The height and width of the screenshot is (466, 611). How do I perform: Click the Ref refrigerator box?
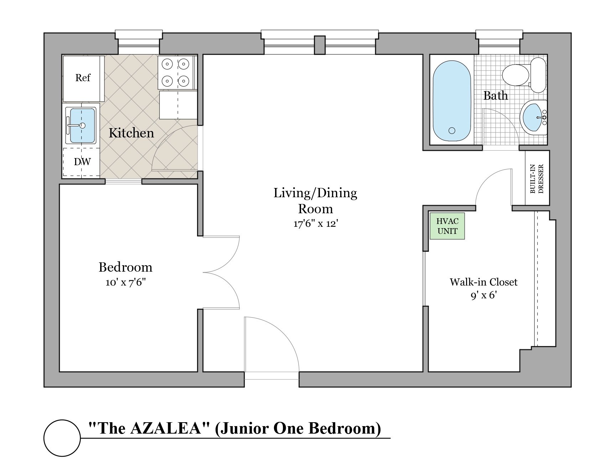point(83,78)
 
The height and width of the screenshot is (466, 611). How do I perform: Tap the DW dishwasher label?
point(82,162)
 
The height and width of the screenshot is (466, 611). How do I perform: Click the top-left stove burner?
point(167,64)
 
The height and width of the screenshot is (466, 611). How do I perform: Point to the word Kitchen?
point(131,133)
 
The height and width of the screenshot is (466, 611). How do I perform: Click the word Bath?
point(495,95)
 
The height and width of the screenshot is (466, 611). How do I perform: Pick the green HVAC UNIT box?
point(447,226)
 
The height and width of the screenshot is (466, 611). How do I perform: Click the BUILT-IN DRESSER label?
point(537,178)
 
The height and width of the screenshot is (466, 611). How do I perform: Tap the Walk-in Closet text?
point(483,282)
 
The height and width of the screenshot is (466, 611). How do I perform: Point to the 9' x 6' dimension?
point(483,295)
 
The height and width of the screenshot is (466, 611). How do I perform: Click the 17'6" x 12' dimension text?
point(315,224)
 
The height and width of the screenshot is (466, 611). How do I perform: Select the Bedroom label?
point(125,267)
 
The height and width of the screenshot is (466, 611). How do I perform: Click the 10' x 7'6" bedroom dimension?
point(126,283)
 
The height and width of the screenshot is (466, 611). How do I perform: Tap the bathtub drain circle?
point(452,131)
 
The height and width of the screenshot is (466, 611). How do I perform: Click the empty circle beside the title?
point(62,438)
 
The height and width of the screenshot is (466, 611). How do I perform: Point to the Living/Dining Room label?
point(315,201)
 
